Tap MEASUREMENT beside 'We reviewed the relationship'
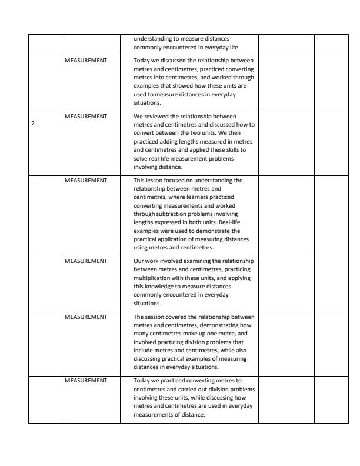pyautogui.click(x=85, y=116)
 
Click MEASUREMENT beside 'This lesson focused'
pyautogui.click(x=85, y=180)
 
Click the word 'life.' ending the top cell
pyautogui.click(x=233, y=46)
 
